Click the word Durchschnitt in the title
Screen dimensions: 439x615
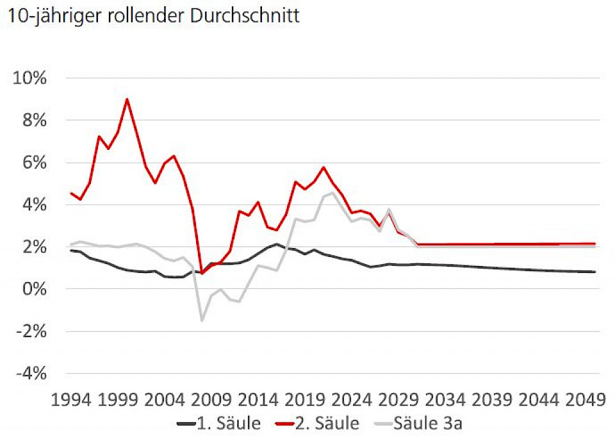coord(245,16)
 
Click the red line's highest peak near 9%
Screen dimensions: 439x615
coord(127,99)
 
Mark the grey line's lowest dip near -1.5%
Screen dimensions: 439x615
coord(202,320)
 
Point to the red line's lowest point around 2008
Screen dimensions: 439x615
coord(202,274)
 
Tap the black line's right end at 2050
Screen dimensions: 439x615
coord(595,272)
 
